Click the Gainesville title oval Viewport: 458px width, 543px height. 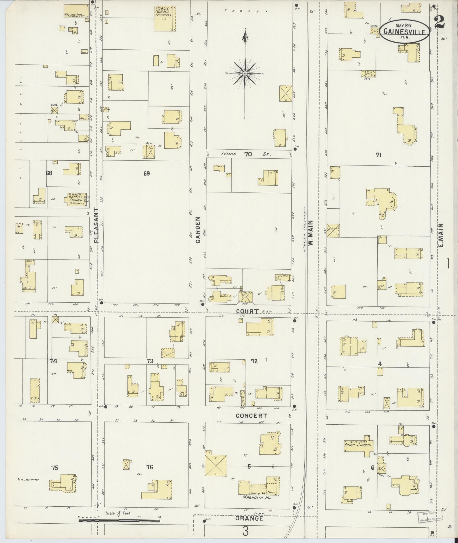[404, 31]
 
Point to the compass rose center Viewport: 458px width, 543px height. [244, 73]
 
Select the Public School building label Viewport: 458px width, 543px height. [162, 12]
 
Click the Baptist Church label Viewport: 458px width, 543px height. [76, 200]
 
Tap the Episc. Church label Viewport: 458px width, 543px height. [358, 445]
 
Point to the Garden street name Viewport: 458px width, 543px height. [198, 230]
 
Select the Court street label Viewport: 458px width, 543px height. [247, 311]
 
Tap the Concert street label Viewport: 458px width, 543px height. [251, 416]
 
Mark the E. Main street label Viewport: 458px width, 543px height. [441, 235]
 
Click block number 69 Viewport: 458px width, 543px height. [146, 173]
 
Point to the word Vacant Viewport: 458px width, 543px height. [246, 11]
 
